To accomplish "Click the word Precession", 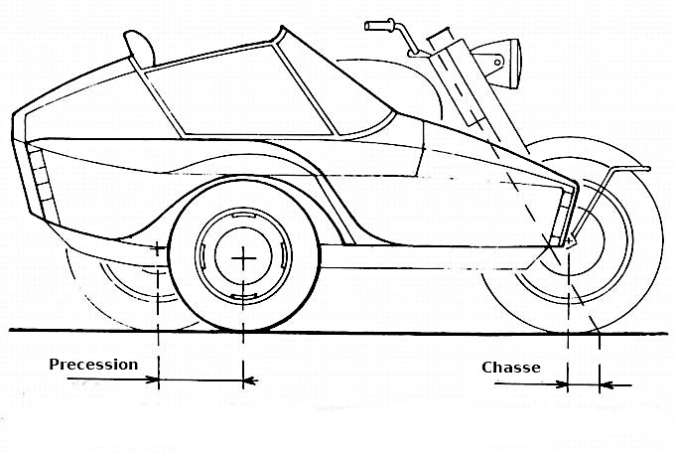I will (93, 364).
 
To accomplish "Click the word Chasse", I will (511, 368).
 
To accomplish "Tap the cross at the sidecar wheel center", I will (243, 258).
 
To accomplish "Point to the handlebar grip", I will (379, 24).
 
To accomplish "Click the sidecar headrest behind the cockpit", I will (140, 45).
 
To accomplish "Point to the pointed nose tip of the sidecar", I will (577, 183).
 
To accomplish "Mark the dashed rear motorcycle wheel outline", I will (89, 298).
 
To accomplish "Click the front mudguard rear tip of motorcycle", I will (647, 170).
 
